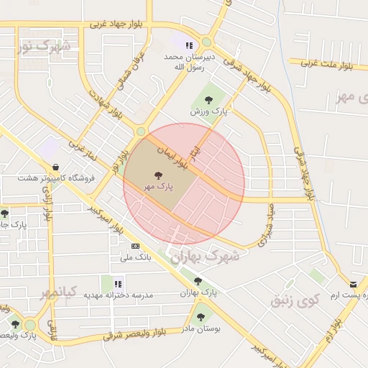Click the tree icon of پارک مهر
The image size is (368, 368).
point(158,175)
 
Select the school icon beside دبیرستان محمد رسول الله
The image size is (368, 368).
point(189,45)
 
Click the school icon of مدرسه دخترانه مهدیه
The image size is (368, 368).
point(119,284)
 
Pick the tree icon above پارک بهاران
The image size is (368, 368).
point(198,281)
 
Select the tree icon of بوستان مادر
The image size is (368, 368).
point(200,316)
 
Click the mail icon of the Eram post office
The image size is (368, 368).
point(352,285)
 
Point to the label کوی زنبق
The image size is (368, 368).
point(293,300)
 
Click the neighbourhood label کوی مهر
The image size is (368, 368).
point(351,97)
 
